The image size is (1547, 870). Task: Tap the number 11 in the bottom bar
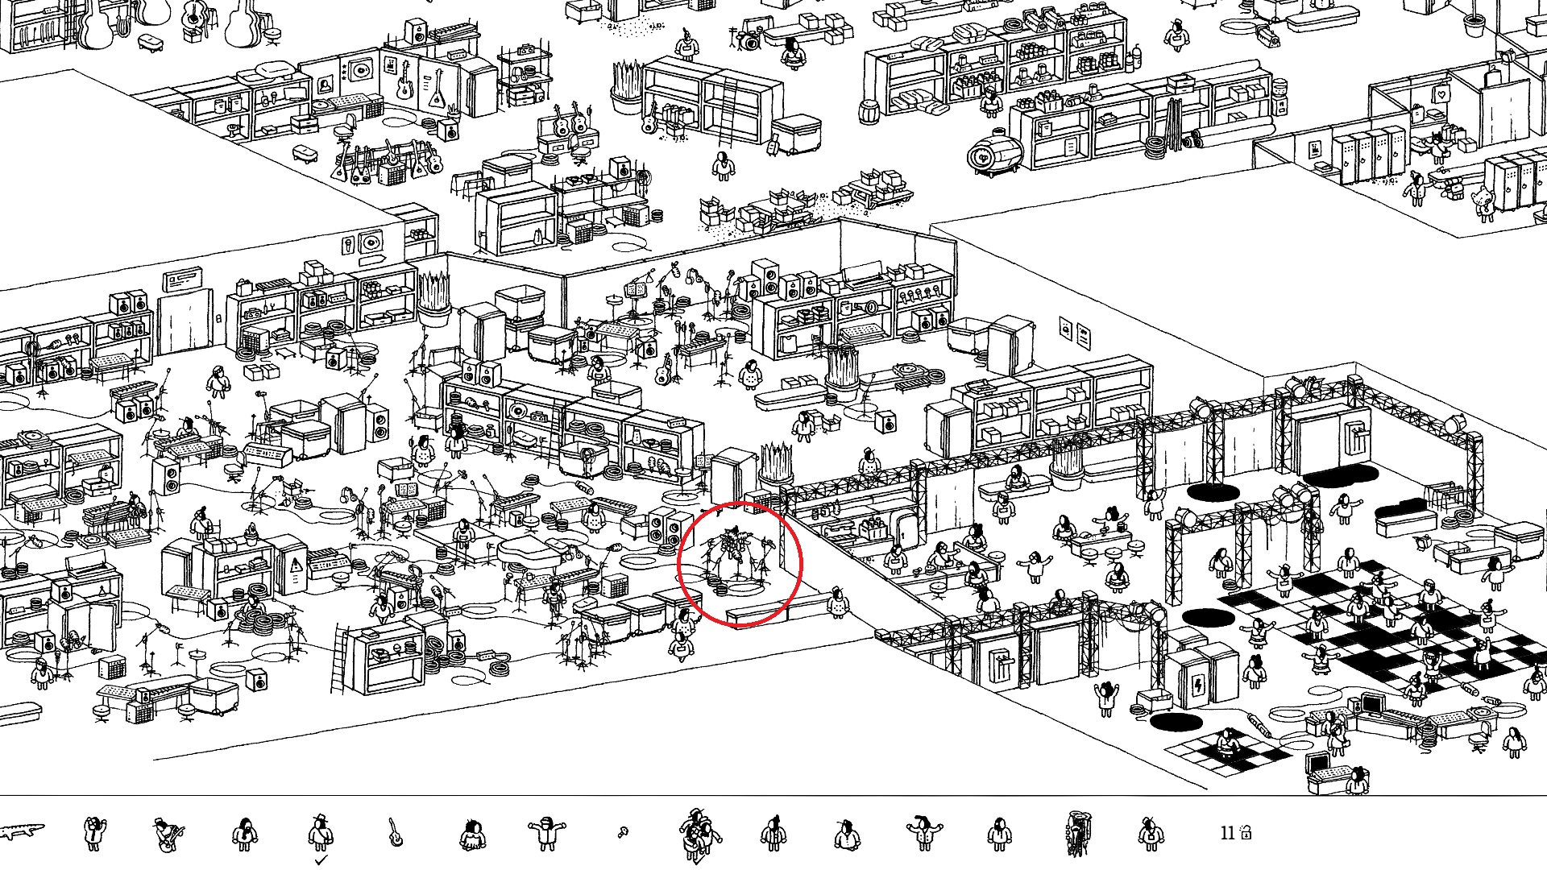1227,833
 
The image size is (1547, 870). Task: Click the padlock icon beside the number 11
1246,831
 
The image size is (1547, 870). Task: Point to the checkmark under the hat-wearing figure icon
321,860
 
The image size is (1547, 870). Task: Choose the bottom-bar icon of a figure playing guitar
168,835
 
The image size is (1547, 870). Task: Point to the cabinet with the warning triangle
296,564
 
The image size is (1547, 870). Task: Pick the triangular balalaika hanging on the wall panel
438,89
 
